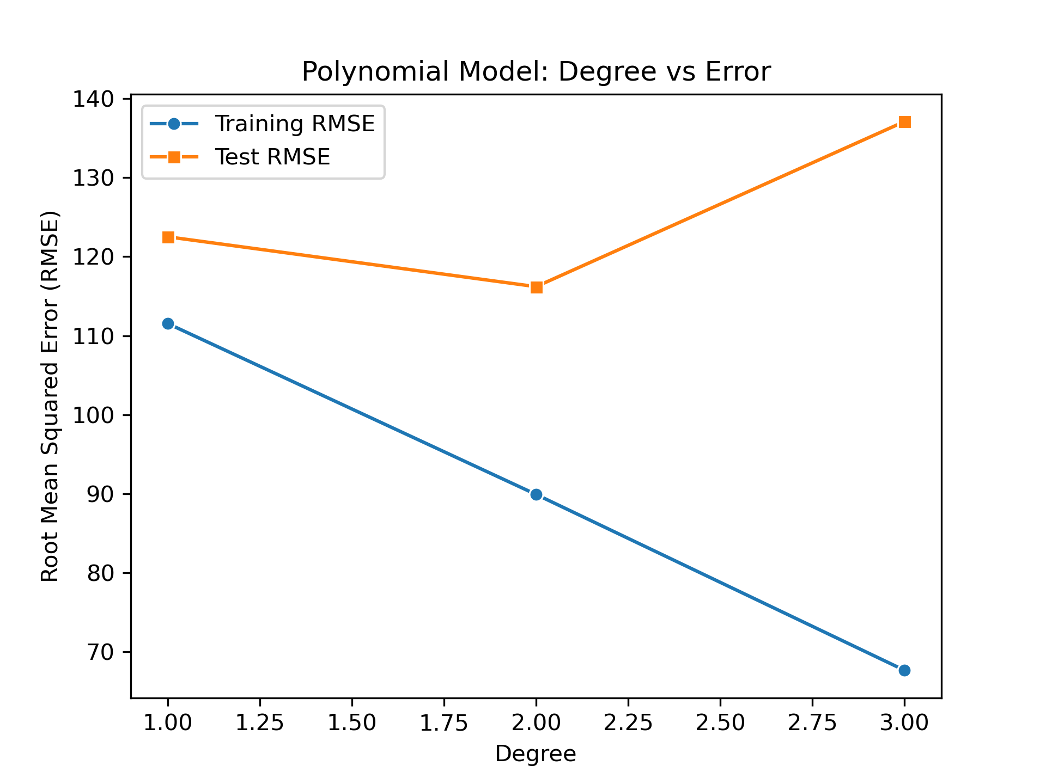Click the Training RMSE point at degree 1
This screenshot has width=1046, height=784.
(168, 323)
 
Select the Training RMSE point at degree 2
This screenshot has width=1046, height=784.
(536, 494)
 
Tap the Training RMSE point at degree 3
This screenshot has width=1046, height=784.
(904, 670)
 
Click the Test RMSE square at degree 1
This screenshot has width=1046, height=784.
(168, 237)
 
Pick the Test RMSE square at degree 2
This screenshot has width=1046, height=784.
(536, 287)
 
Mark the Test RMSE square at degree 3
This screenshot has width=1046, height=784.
(904, 122)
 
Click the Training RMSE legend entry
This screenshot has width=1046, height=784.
(295, 124)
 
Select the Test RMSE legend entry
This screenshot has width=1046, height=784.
(272, 157)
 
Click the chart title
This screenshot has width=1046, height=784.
(536, 72)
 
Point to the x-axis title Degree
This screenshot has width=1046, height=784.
(536, 754)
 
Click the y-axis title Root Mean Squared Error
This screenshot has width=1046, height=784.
(50, 396)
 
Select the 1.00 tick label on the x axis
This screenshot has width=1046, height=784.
(168, 722)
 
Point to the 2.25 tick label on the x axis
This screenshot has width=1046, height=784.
(628, 722)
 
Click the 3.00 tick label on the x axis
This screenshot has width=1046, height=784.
(904, 722)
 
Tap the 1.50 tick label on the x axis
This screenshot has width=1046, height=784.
(352, 722)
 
